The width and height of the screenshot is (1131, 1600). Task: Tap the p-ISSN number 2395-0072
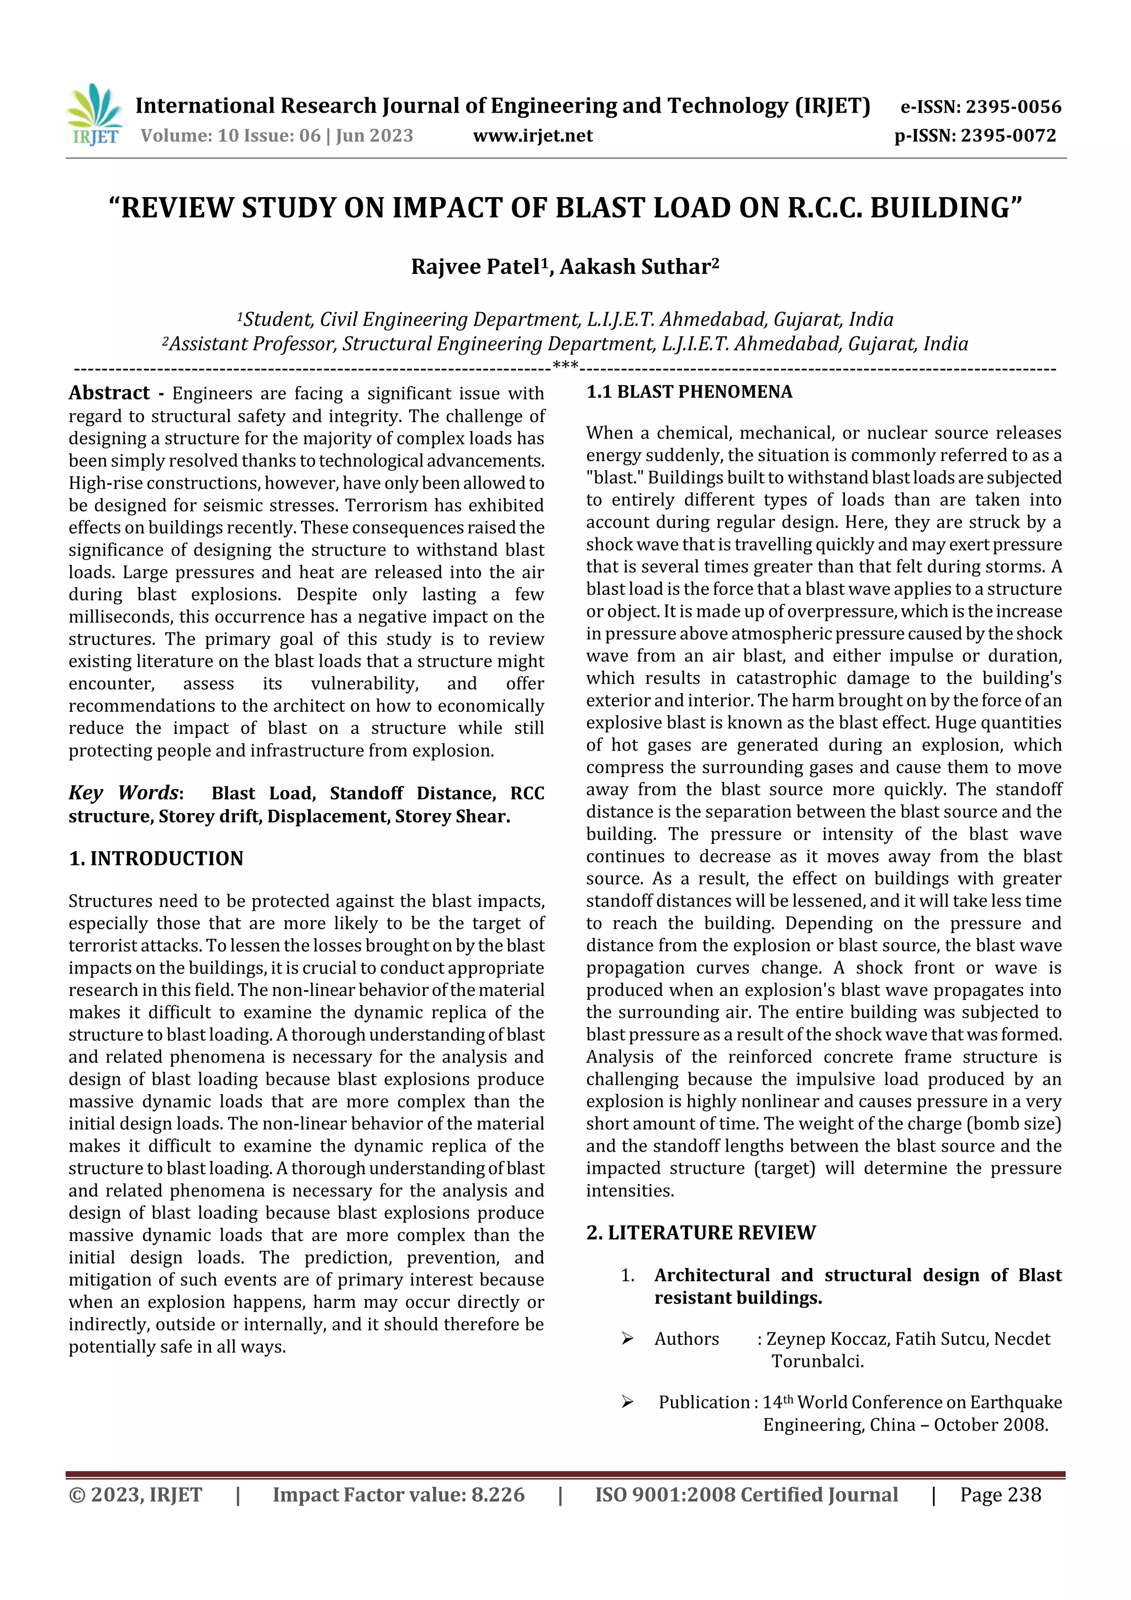coord(1008,135)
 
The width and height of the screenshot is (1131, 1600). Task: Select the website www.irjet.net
coord(532,135)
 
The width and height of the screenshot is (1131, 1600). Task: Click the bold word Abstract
coord(109,393)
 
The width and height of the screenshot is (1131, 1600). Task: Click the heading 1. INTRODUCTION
coord(156,858)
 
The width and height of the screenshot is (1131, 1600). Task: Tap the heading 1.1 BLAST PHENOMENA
coord(689,392)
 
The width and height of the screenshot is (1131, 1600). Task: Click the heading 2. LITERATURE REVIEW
coord(700,1233)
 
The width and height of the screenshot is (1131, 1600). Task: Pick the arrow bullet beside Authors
coord(627,1339)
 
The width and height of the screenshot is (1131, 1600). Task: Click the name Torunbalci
coord(817,1361)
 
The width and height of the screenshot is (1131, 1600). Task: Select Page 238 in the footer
coord(1000,1495)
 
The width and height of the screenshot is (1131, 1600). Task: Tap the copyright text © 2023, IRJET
coord(135,1495)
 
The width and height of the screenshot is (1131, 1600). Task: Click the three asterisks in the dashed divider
coord(565,365)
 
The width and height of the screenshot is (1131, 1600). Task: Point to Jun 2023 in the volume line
coord(375,135)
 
